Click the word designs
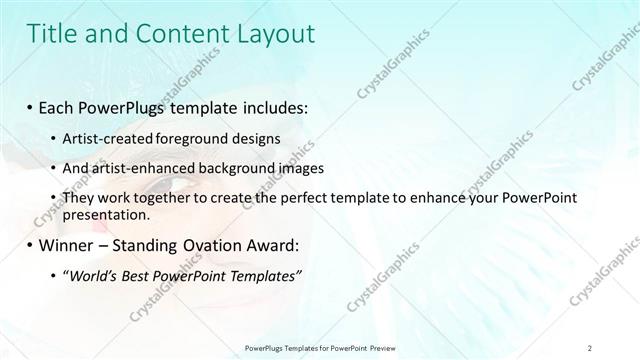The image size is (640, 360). point(258,138)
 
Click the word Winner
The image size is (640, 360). point(59,245)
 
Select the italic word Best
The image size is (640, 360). point(138,276)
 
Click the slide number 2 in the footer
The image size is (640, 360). point(591,347)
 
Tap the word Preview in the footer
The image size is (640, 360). point(386,347)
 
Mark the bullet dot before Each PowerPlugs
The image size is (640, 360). point(32,106)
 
